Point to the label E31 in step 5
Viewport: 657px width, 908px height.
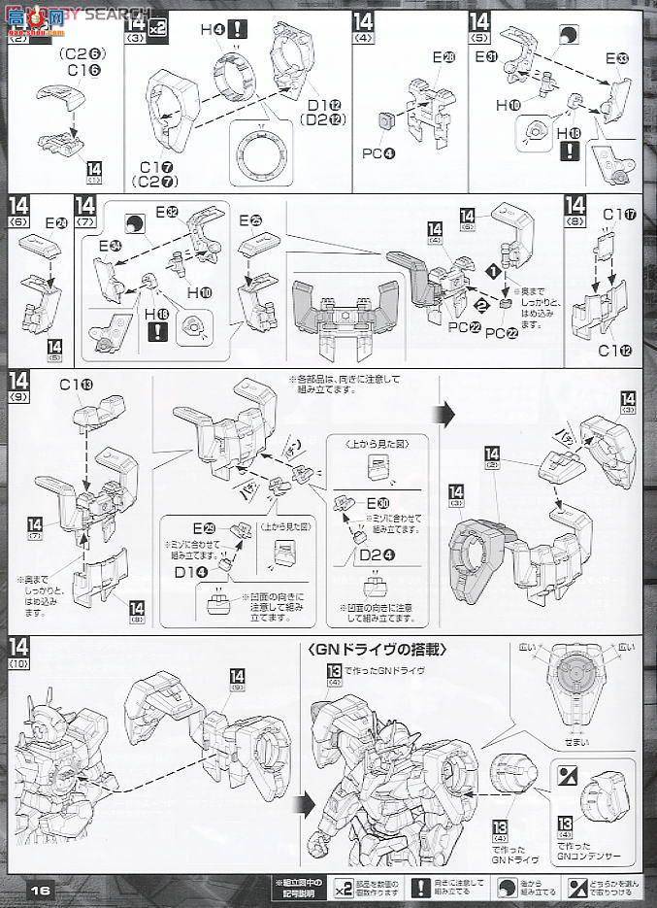[487, 57]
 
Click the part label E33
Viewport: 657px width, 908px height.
[616, 58]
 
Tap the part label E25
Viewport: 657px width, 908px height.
[250, 221]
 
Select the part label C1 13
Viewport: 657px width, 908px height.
[82, 387]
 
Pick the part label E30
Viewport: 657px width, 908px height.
[378, 503]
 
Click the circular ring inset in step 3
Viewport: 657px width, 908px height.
[262, 151]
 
